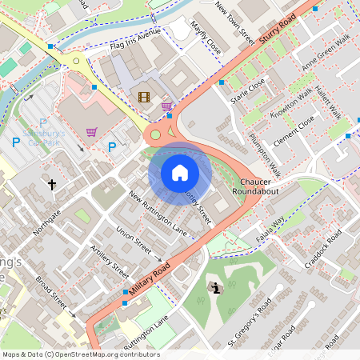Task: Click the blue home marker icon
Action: (x=180, y=172)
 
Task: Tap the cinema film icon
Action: (x=144, y=97)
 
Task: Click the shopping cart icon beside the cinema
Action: (x=166, y=105)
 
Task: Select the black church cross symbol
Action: (x=52, y=185)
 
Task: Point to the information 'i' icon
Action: (x=215, y=287)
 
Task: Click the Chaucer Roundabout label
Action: (x=256, y=187)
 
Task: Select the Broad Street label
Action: (x=51, y=295)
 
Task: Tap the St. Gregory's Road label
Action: (x=250, y=321)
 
